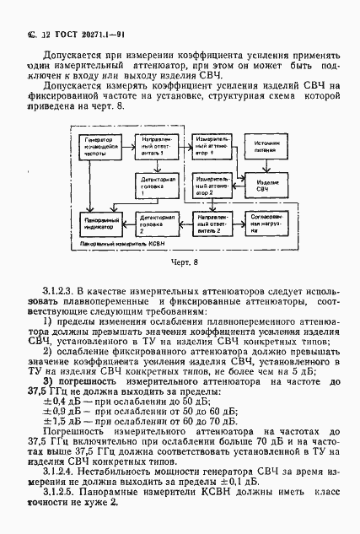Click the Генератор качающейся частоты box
coord(99,147)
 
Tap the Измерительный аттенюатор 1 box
coord(210,143)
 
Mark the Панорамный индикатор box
coord(99,220)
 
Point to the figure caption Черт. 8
coord(180,263)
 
